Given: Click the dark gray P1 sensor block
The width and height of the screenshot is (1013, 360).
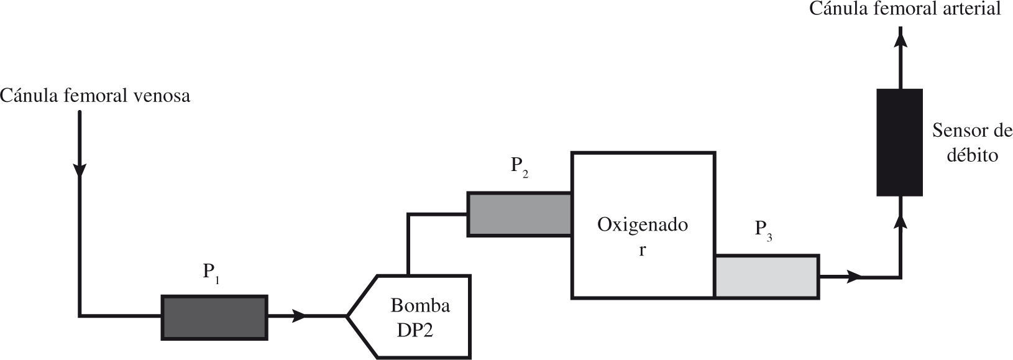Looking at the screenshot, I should coord(214,317).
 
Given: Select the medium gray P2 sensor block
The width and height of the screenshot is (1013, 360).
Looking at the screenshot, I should coord(520,215).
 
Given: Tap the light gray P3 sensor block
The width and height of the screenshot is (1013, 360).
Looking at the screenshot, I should coord(766,276).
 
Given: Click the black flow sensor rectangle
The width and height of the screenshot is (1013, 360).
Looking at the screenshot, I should coord(899,142).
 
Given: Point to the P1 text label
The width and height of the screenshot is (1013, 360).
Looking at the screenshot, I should coord(212,274).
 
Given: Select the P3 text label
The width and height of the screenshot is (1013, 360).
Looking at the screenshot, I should coord(764,230).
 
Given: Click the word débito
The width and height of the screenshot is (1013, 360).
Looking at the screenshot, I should coord(973,155).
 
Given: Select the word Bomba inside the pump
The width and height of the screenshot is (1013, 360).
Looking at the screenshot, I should coord(420,306).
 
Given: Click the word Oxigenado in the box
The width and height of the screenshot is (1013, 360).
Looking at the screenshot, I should coord(643,224).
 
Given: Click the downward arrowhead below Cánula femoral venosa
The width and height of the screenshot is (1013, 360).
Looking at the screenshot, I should coord(80,170).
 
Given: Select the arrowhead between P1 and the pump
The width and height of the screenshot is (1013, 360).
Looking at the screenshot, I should coord(300,316).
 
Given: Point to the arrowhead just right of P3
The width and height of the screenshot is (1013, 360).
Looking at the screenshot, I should coord(856,276).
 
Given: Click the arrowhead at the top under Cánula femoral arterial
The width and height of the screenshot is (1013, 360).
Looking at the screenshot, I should coord(900,39).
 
